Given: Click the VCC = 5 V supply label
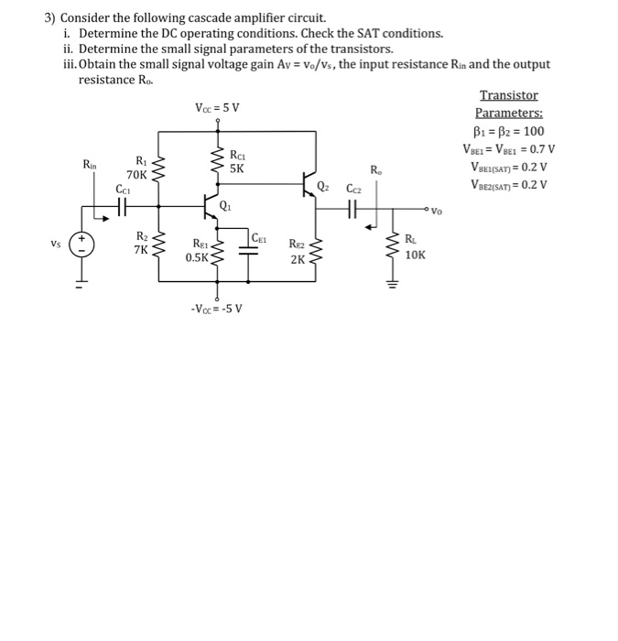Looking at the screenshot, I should (x=218, y=108).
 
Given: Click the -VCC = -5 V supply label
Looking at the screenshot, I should (x=217, y=307).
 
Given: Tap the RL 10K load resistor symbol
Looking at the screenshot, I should (x=397, y=247).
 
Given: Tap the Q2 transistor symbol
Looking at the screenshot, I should (x=309, y=187).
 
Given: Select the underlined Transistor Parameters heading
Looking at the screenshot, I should (x=509, y=103).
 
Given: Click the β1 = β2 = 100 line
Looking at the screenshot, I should (x=509, y=131).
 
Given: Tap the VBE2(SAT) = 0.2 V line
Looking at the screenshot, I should (x=509, y=184).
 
